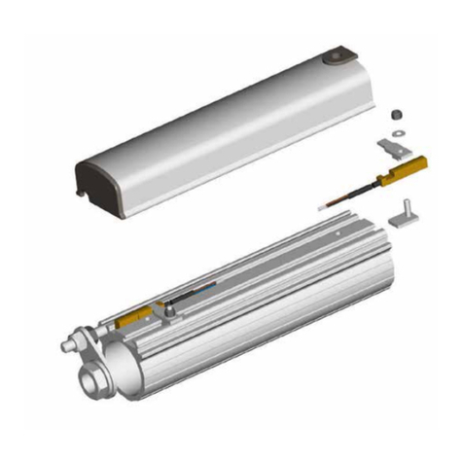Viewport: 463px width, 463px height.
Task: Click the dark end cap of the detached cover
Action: coord(97,180)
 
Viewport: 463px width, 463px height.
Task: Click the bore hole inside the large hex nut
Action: coord(95,375)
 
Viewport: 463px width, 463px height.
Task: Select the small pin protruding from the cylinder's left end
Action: coord(67,345)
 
